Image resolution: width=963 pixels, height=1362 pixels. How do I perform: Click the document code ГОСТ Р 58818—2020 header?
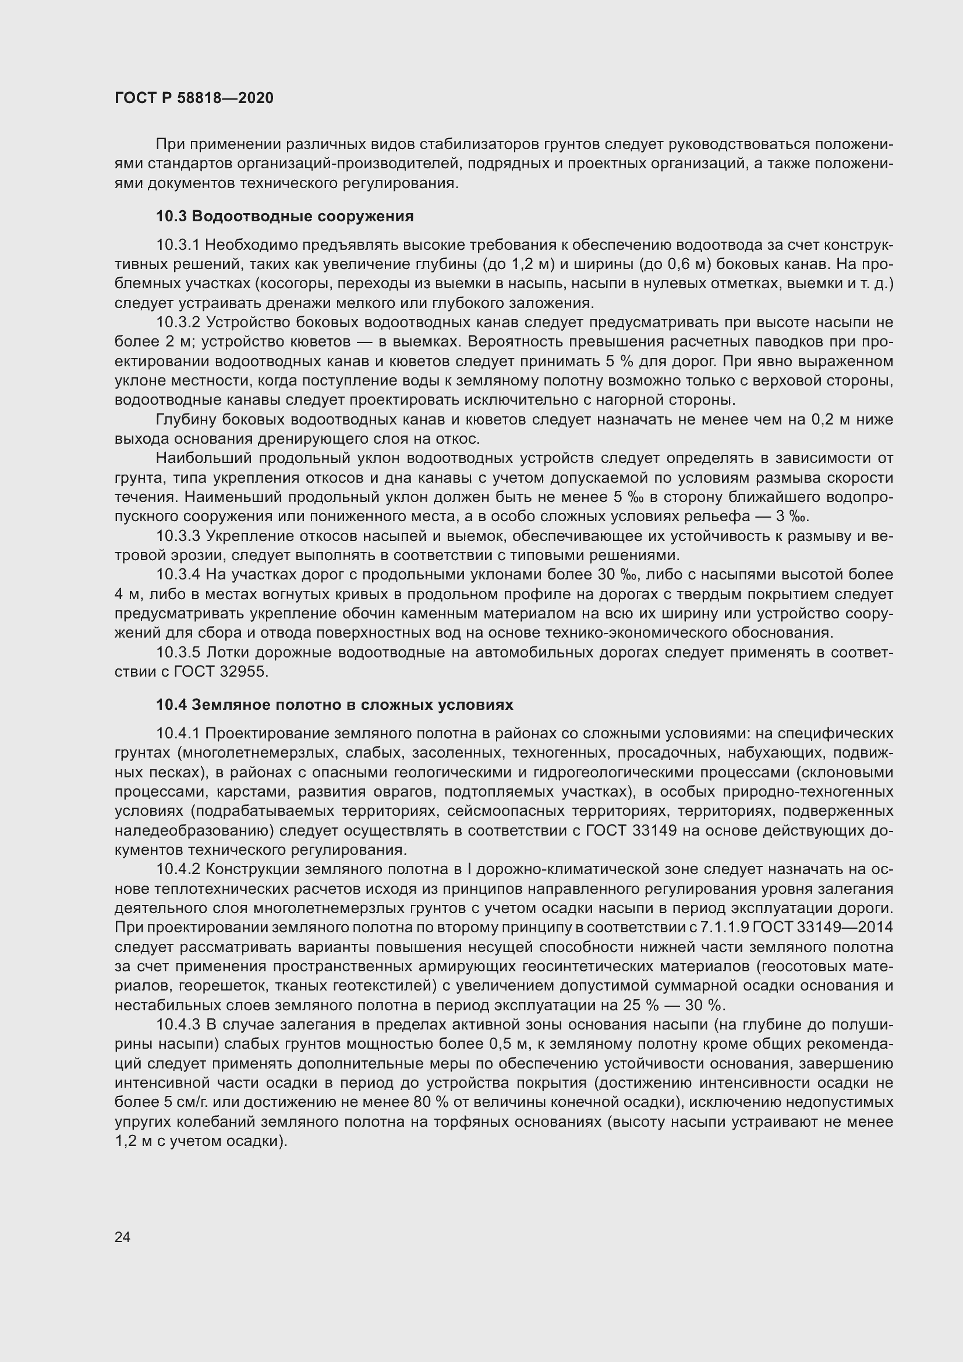194,98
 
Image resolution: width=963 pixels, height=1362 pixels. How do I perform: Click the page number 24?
122,1237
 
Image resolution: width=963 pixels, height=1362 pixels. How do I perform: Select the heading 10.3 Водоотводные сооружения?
285,217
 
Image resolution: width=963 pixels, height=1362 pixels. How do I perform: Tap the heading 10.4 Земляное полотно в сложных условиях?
334,705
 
